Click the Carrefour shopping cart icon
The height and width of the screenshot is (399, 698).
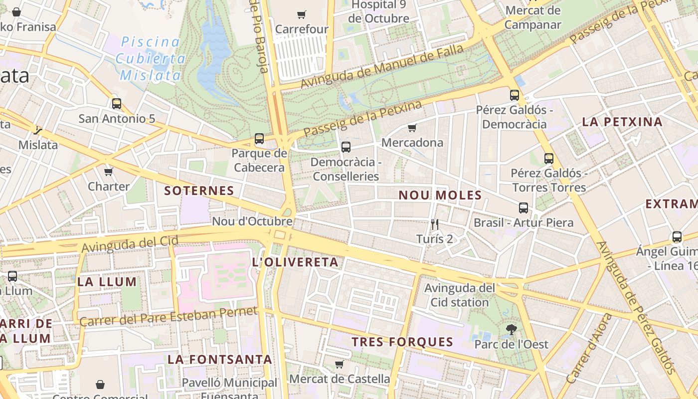[301, 14]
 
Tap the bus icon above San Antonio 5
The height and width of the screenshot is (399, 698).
[117, 104]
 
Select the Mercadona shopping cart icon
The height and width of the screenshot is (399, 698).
[412, 128]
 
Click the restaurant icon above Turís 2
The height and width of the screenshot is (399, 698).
[435, 224]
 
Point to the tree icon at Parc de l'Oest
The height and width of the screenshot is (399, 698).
[511, 329]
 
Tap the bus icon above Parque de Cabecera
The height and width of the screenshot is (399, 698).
[259, 139]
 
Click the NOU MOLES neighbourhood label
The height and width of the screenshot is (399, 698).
[440, 195]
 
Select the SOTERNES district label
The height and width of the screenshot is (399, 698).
[199, 191]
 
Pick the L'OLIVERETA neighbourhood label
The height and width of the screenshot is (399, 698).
[295, 262]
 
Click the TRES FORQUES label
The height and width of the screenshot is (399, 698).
[402, 342]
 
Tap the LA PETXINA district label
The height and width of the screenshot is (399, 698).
[622, 122]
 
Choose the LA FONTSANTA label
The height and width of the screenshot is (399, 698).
[219, 359]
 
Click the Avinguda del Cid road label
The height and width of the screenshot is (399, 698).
[130, 244]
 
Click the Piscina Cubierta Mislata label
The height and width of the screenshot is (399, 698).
[150, 58]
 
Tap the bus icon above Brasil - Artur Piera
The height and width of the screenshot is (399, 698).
[523, 208]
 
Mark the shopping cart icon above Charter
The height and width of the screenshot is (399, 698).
[108, 172]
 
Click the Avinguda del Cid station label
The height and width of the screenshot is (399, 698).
[459, 295]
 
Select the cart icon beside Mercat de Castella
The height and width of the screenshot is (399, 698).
[340, 364]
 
